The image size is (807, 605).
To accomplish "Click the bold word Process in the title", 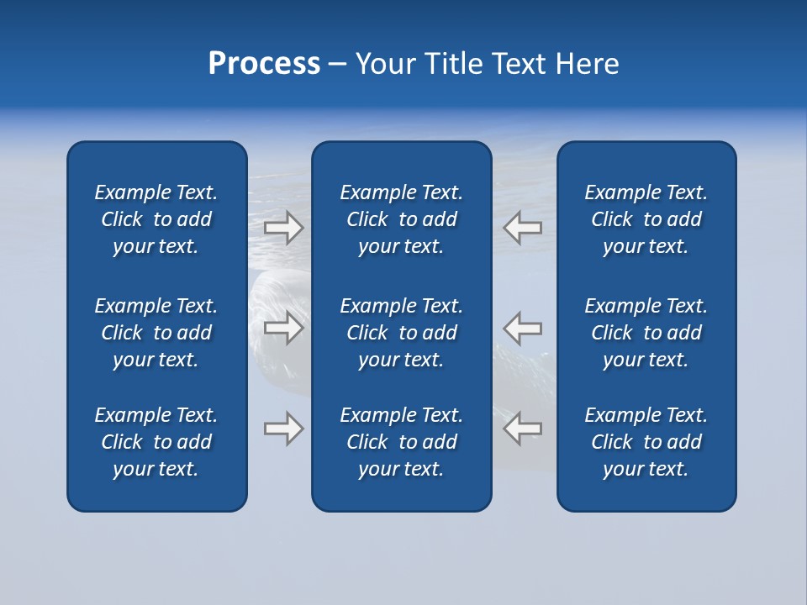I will click(x=264, y=64).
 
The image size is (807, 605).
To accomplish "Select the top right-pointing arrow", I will click(x=284, y=228).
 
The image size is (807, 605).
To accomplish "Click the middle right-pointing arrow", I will click(x=284, y=328).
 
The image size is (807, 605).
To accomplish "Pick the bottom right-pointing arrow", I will click(x=284, y=429).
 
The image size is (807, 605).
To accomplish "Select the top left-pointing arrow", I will click(x=522, y=228).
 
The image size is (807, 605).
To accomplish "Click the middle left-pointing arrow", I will click(x=522, y=328).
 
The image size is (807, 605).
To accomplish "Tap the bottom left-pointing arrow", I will click(x=522, y=429).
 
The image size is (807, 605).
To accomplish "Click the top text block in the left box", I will click(x=156, y=219).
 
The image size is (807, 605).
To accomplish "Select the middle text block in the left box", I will click(x=156, y=333).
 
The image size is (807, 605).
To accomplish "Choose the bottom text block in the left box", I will click(x=156, y=442).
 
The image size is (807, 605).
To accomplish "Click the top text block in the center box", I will click(x=402, y=219).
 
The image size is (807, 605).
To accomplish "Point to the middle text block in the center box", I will click(x=402, y=333).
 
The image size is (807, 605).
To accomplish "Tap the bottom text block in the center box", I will click(x=402, y=442).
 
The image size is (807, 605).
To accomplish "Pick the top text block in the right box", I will click(x=646, y=219).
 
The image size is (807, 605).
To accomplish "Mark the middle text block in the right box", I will click(x=646, y=333).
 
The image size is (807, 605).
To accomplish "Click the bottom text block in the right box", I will click(x=646, y=442).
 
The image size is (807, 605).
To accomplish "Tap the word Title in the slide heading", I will click(x=452, y=64).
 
